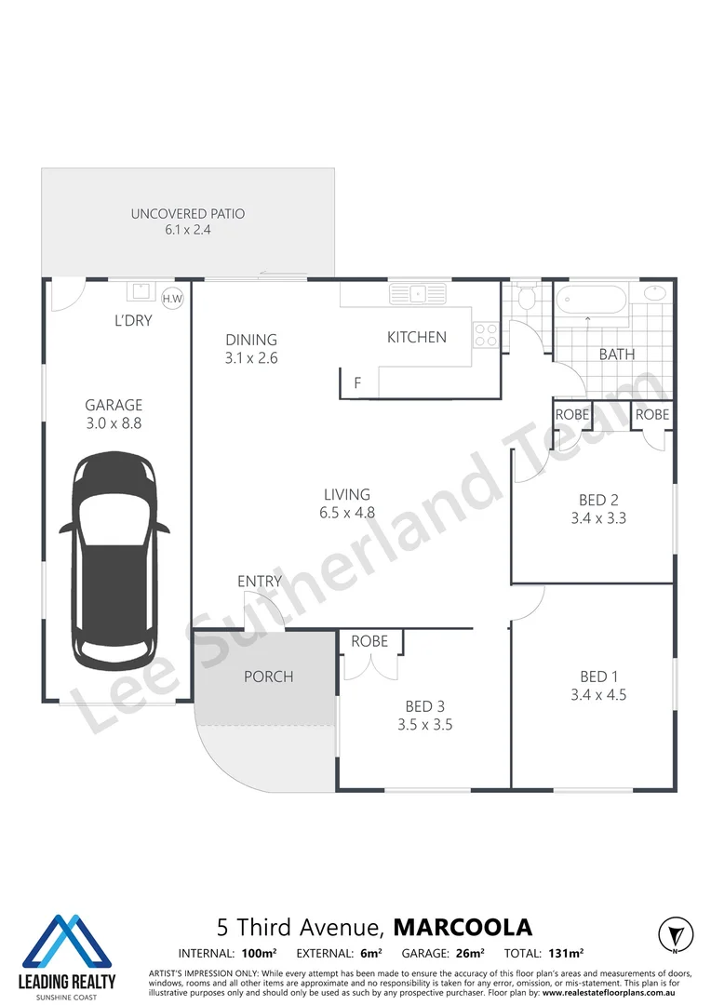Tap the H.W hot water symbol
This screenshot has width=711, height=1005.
point(172,298)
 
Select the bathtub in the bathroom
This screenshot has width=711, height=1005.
point(591,301)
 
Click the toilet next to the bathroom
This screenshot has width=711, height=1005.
point(526,301)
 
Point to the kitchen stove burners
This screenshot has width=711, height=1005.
point(486,334)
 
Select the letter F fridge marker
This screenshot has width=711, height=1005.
point(356,382)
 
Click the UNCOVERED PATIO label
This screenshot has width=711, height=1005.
point(188,214)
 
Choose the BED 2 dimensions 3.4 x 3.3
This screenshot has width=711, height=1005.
point(598,518)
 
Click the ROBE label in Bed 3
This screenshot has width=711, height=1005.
point(369,641)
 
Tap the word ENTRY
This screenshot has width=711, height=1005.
point(260,582)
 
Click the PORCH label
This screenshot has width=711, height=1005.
point(268,677)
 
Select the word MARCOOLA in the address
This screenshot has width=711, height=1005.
point(463,927)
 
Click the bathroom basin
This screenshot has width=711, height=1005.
point(655,293)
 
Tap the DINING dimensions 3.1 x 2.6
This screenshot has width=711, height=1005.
point(251,357)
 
